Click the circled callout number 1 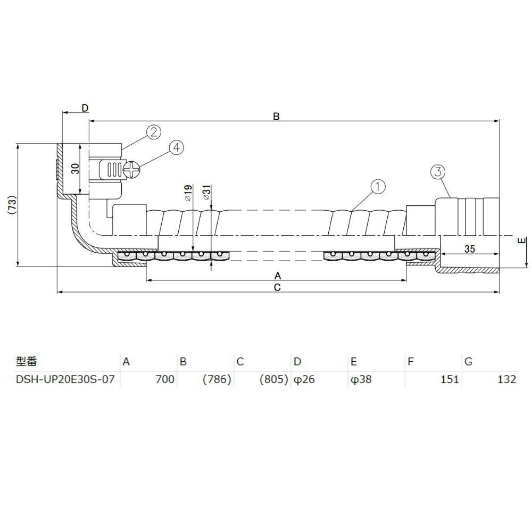point(377,186)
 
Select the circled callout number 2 point(153,132)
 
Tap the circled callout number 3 point(437,171)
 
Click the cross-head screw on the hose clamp point(131,170)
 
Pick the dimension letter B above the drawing point(276,117)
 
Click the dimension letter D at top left point(85,108)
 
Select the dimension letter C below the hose point(277,287)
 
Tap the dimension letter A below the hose point(277,276)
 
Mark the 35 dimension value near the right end point(469,248)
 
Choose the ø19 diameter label point(188,193)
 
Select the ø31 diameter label point(207,193)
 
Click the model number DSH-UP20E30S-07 point(64,380)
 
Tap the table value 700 point(164,380)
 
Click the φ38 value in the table point(361,380)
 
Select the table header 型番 point(26,362)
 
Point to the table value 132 point(507,380)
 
